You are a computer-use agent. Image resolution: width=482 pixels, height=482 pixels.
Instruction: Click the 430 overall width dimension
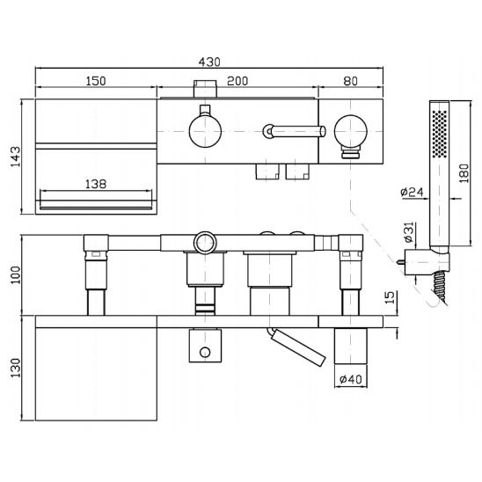click(x=209, y=62)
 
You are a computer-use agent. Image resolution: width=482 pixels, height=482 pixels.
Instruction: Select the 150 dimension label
click(x=96, y=81)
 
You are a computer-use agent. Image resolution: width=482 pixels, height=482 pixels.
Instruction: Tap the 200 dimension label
click(x=237, y=81)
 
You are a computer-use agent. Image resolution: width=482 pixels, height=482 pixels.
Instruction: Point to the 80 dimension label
click(x=351, y=81)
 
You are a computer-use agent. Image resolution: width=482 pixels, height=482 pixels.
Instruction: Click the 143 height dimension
click(x=16, y=157)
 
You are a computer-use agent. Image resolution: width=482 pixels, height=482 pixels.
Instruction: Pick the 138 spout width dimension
click(x=96, y=184)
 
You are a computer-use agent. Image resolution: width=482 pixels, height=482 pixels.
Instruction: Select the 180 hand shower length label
click(x=464, y=173)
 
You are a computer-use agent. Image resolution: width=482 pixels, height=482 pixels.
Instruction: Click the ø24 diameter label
click(x=412, y=192)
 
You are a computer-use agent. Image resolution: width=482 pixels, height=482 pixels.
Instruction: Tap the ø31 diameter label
click(x=409, y=232)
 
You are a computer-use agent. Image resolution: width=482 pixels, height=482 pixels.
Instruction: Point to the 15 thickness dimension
click(x=389, y=297)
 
